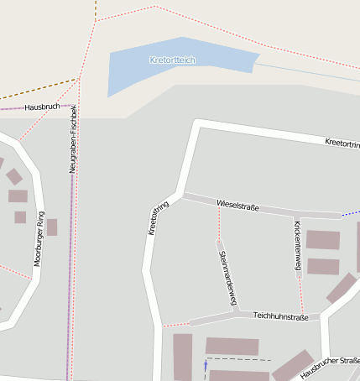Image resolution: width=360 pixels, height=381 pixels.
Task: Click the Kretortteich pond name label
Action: click(172, 60)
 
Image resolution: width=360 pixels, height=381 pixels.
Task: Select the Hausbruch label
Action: click(41, 107)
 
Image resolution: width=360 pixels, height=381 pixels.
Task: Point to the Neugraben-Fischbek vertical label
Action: click(74, 139)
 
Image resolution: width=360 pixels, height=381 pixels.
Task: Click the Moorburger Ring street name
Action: click(38, 243)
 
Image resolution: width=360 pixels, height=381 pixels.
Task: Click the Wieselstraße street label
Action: click(238, 206)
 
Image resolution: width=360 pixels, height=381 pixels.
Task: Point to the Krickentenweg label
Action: click(297, 244)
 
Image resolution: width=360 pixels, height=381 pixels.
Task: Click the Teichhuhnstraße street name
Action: click(280, 317)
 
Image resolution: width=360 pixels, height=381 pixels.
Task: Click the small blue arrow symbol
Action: click(205, 366)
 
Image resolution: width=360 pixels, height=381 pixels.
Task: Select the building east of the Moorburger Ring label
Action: click(52, 227)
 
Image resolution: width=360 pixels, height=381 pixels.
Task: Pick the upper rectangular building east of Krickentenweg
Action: click(322, 240)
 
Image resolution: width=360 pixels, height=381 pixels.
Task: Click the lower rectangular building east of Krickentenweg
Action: click(323, 267)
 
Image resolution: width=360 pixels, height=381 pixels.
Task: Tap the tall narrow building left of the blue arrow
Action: click(182, 357)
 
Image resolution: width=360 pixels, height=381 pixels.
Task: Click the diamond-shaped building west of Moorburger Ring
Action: click(14, 176)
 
